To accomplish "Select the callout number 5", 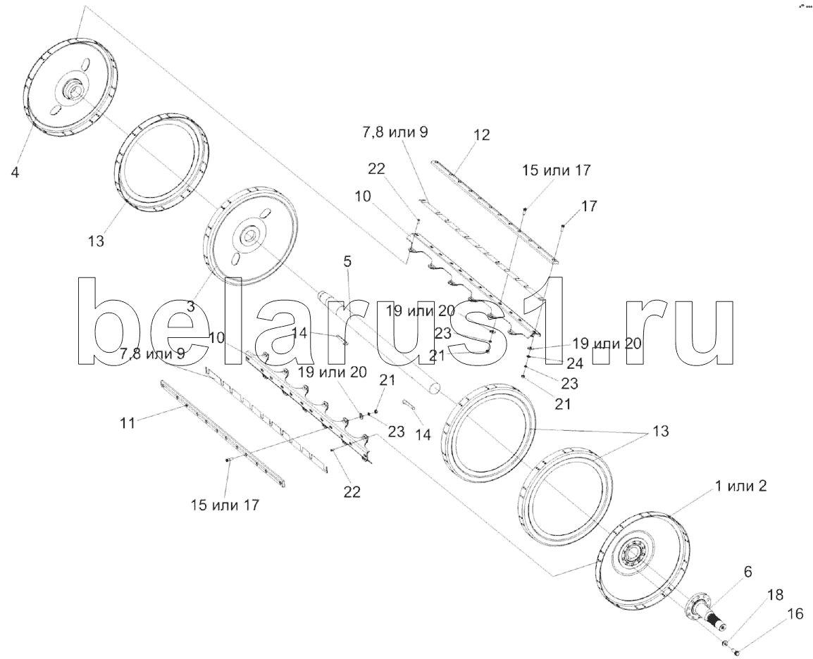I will (x=347, y=262).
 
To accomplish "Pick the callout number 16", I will (x=795, y=614).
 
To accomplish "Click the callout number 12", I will (x=481, y=134).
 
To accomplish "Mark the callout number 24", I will (x=575, y=364).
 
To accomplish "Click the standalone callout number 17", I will (x=589, y=206).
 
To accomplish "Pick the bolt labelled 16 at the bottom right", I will (x=736, y=652).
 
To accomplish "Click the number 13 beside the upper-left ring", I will (x=96, y=240).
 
